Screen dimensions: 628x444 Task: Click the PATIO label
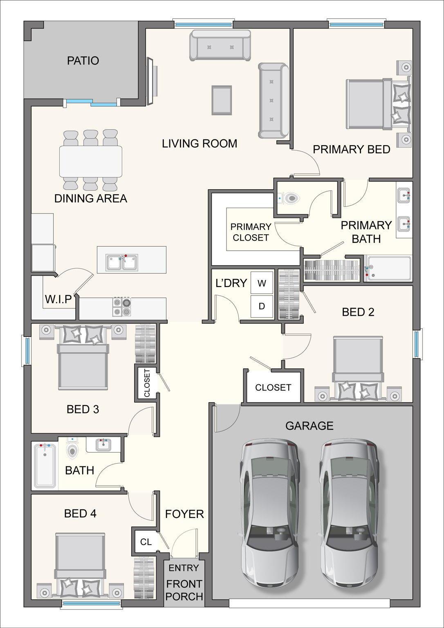coord(83,61)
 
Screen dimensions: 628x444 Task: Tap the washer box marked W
coord(262,283)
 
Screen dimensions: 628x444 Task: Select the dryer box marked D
coord(262,306)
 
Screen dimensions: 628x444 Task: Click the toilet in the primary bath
coord(290,199)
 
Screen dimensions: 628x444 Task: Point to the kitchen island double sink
coord(122,262)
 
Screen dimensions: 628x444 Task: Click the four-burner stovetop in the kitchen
coord(122,307)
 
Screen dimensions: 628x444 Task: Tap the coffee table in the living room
coord(222,100)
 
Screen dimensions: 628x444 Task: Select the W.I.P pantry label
coord(58,299)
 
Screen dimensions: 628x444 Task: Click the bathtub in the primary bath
coord(388,269)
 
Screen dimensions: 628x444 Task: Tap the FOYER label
coord(184,514)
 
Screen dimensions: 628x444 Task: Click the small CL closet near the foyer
coord(146,542)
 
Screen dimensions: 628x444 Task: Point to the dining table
coord(91,161)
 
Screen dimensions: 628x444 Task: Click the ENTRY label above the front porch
coord(184,567)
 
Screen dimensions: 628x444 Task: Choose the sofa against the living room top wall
coord(220,46)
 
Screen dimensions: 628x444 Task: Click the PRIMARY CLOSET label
coord(251,232)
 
